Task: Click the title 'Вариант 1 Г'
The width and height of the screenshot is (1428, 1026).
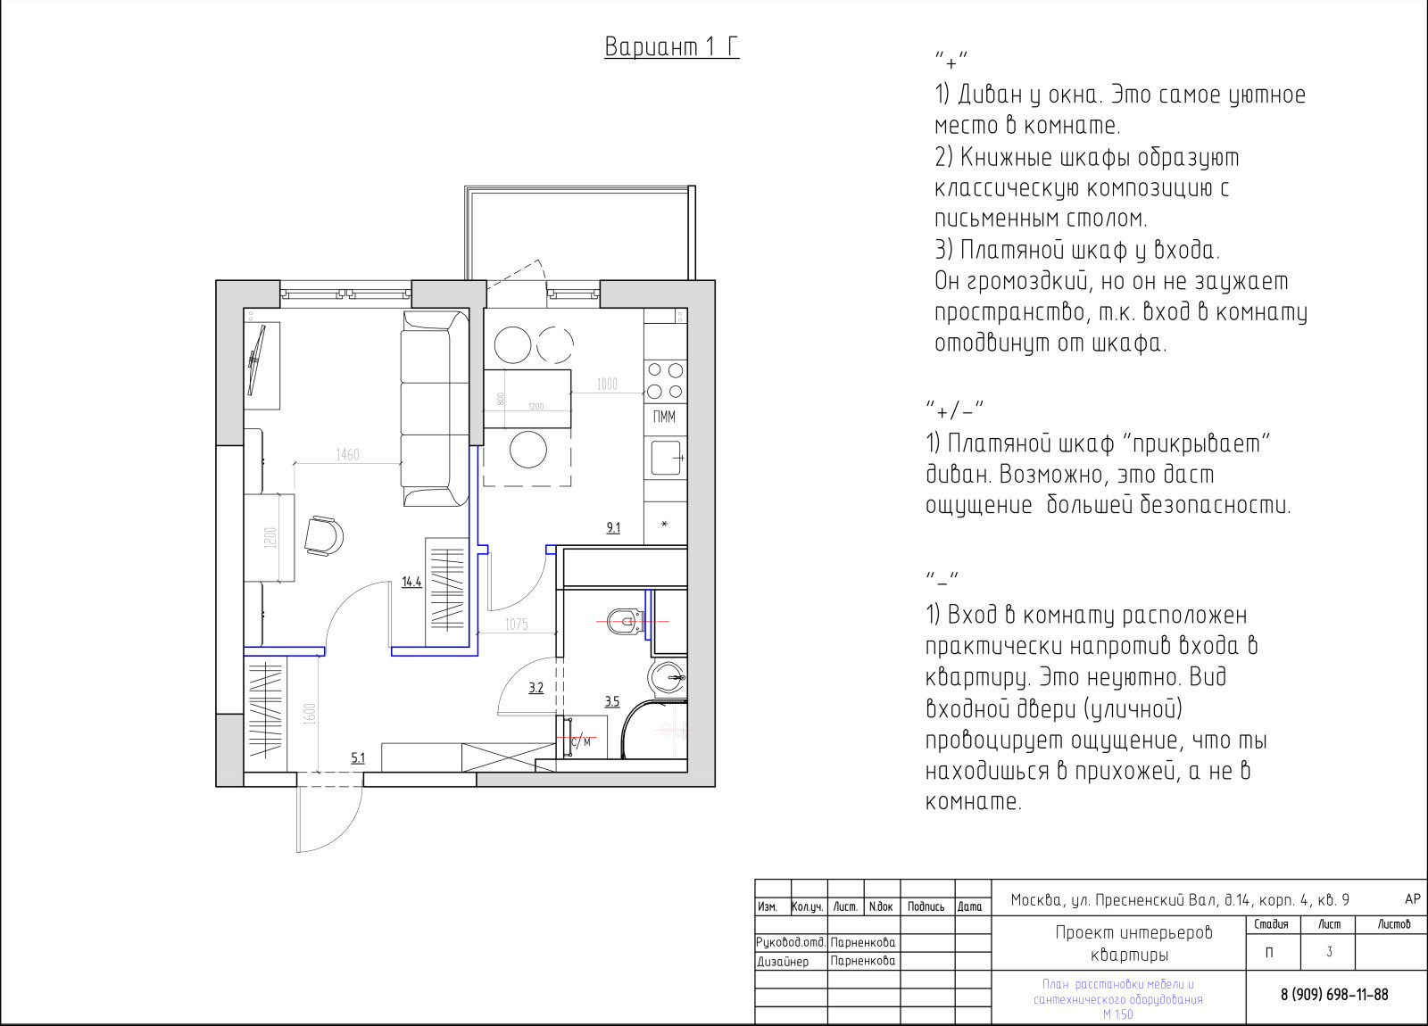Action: click(x=672, y=47)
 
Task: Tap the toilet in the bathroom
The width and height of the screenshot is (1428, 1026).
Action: click(x=625, y=621)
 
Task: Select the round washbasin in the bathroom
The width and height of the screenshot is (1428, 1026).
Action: click(x=666, y=677)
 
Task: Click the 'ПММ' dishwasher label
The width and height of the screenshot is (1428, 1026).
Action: click(x=664, y=417)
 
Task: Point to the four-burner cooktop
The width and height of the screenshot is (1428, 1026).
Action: click(x=665, y=380)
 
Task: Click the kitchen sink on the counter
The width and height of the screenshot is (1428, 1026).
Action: click(x=667, y=458)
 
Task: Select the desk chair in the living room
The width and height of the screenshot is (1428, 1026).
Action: click(x=324, y=536)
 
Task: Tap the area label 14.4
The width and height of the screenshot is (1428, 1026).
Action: click(x=411, y=582)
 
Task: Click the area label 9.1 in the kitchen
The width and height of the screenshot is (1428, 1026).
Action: click(x=613, y=527)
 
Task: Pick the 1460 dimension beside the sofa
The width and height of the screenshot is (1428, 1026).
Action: click(x=347, y=454)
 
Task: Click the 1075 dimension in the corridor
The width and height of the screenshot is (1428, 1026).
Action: click(x=517, y=625)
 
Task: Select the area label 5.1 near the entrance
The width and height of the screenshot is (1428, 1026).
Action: click(x=358, y=757)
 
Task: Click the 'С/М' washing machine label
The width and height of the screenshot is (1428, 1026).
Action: click(x=581, y=741)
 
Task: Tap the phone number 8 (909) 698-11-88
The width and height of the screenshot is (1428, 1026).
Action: click(x=1334, y=994)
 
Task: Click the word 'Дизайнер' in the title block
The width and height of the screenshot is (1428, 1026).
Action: click(x=782, y=962)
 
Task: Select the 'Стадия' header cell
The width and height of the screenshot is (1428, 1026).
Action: click(x=1271, y=924)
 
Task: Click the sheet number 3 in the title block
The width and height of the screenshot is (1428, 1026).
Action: click(x=1329, y=952)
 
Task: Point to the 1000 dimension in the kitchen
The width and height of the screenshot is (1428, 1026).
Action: click(x=607, y=385)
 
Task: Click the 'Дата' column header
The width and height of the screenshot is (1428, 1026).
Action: click(x=969, y=906)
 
